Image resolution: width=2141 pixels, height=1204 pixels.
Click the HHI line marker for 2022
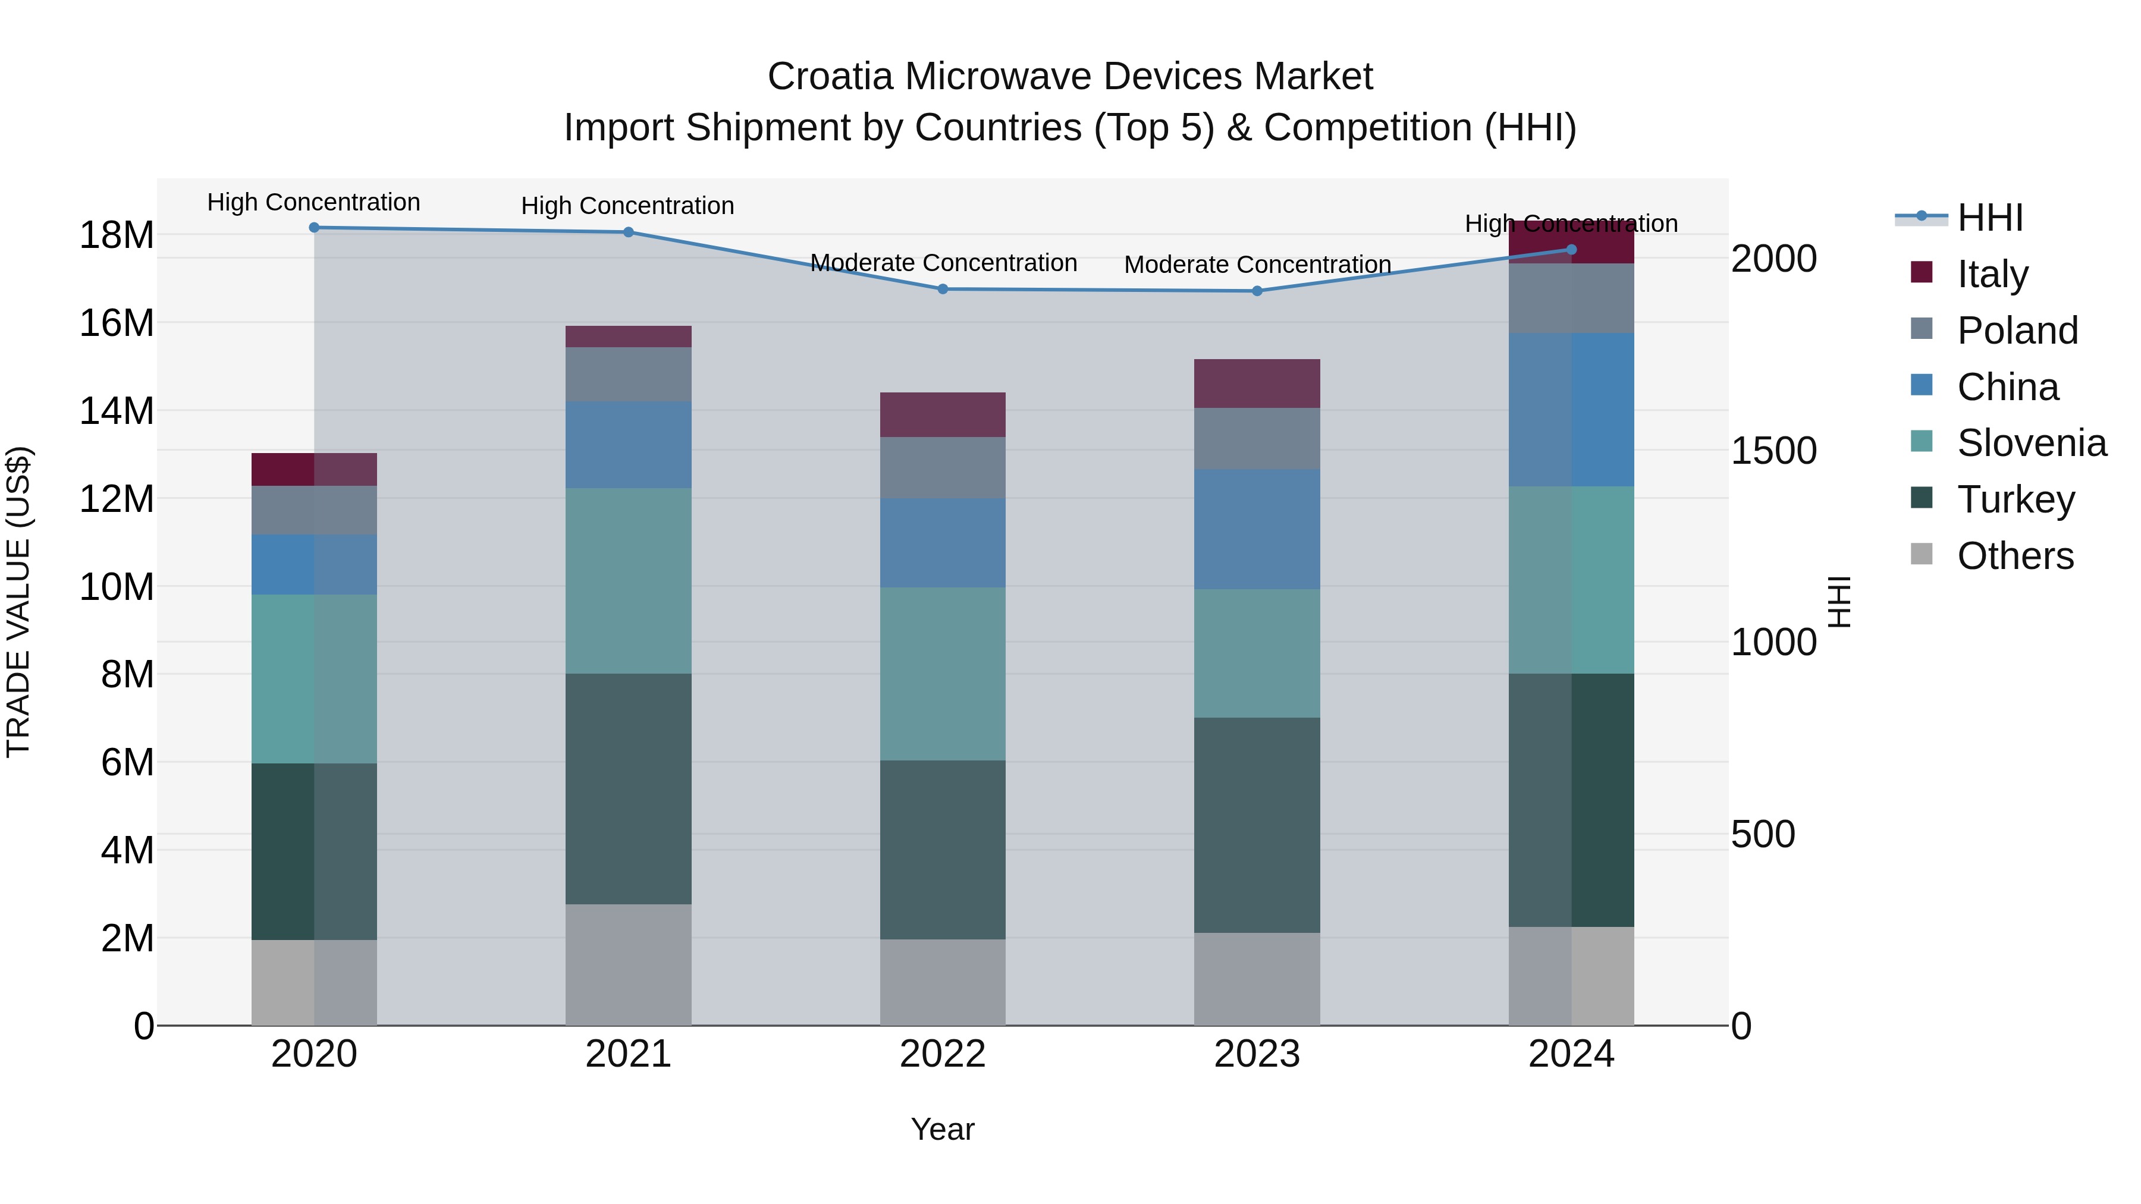point(943,289)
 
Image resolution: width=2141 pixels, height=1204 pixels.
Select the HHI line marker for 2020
point(314,228)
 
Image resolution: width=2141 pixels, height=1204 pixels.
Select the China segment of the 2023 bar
point(1257,529)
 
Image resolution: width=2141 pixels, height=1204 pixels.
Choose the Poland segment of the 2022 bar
point(943,468)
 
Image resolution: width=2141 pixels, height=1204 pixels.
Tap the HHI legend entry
point(1990,218)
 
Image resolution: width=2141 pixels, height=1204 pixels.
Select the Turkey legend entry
point(2015,499)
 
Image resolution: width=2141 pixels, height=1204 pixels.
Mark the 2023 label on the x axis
point(1257,1054)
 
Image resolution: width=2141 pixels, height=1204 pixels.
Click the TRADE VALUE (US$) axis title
point(18,602)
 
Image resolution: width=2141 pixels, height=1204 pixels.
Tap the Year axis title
point(943,1129)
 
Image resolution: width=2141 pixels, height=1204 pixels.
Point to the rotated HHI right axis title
point(1839,602)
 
